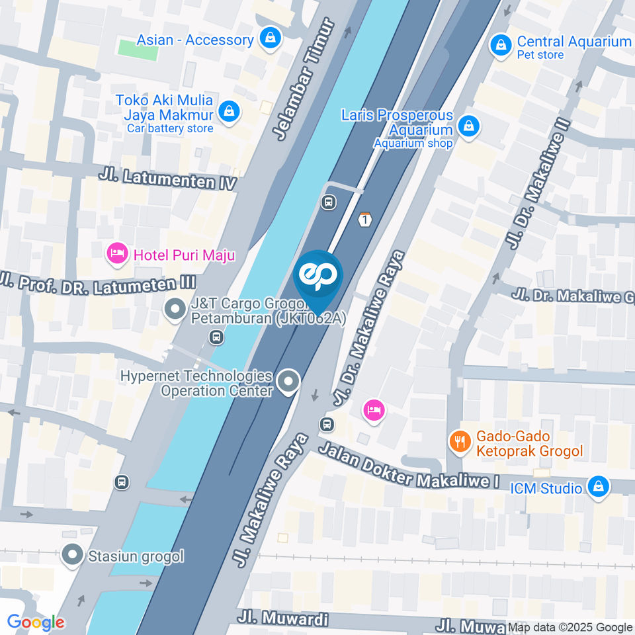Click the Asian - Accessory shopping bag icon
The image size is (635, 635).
270,39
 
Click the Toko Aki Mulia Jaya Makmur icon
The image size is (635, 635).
229,111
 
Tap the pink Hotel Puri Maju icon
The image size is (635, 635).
117,253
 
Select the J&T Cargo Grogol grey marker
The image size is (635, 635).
175,308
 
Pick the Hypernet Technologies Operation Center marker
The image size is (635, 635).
288,382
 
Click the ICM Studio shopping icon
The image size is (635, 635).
598,487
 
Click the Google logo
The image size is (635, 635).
36,622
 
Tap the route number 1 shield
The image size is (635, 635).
364,220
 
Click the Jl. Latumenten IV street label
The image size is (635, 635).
167,179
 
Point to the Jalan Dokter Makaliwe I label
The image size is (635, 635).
408,467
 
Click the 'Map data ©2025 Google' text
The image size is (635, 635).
570,627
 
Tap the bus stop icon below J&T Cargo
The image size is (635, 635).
215,338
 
